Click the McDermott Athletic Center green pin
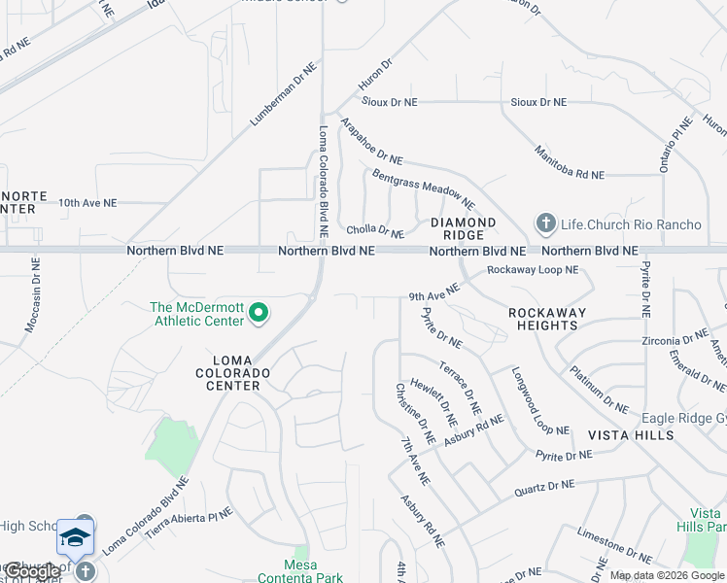(x=259, y=313)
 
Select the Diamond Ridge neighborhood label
(x=464, y=229)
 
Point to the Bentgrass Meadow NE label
(x=423, y=189)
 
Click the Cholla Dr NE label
(x=375, y=232)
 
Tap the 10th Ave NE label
(x=87, y=203)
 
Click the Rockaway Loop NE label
(x=533, y=270)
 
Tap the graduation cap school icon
(x=75, y=537)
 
